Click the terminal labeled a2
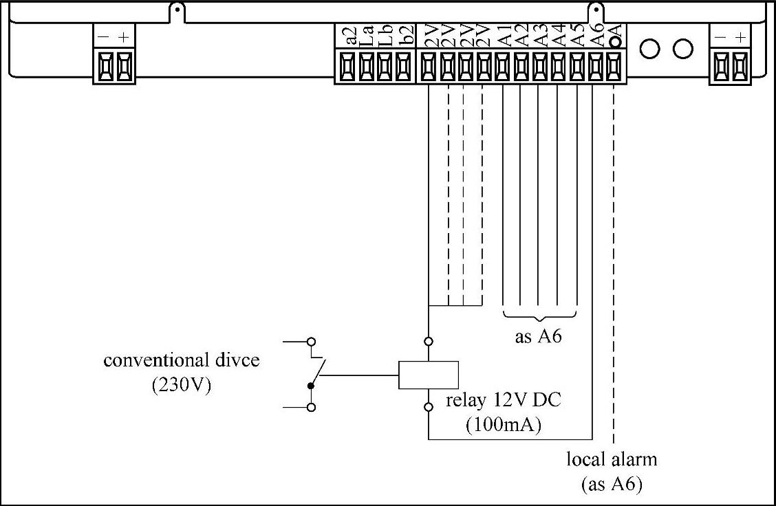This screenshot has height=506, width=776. coord(347,67)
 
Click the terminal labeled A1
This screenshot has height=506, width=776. coord(503,67)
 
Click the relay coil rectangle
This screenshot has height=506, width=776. coord(429,375)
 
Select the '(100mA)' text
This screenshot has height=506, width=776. coord(504,425)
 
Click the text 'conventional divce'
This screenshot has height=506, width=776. coord(182,360)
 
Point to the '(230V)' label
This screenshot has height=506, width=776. coord(182,385)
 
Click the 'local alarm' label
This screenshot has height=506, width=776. coord(612,459)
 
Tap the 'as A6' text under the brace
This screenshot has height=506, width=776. coord(540,338)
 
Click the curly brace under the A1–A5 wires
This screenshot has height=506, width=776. coord(540,316)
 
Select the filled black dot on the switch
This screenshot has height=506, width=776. coord(311,386)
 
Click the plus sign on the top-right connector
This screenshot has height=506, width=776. coord(740,37)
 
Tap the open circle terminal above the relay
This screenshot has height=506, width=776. coord(429,341)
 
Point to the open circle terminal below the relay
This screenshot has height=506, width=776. coord(429,408)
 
